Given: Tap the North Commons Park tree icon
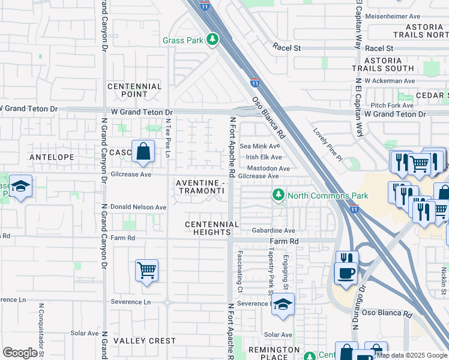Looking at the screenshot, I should tap(278, 195).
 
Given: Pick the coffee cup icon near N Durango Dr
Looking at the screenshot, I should tap(346, 273).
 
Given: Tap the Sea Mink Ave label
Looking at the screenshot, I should tap(260, 146).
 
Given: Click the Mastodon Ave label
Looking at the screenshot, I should tap(268, 169).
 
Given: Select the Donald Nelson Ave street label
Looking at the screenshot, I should tap(138, 207).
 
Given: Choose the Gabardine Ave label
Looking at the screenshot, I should tap(273, 230).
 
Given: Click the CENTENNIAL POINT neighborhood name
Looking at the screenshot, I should tap(134, 90).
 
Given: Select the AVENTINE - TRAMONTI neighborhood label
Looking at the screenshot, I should tap(200, 186).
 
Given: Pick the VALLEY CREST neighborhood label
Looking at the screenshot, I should tap(145, 341).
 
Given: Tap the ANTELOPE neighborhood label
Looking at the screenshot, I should tap(52, 157).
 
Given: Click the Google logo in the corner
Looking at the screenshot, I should tap(20, 352).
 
